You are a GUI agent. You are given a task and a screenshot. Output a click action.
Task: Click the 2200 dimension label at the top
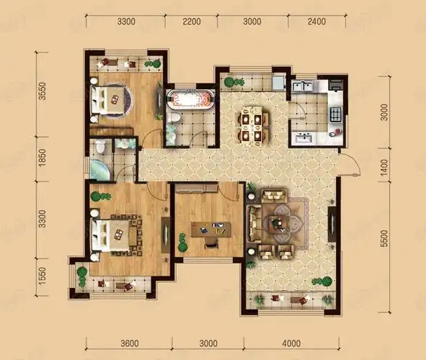pyautogui.click(x=192, y=22)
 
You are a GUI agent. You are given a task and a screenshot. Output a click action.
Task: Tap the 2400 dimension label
pyautogui.click(x=316, y=21)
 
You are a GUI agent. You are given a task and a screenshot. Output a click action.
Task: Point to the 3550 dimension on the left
pyautogui.click(x=42, y=91)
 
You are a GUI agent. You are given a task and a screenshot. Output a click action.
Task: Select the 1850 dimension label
pyautogui.click(x=42, y=158)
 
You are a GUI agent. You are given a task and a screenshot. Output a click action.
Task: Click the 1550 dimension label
pyautogui.click(x=42, y=276)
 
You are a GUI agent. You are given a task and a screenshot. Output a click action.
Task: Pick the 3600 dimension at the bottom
pyautogui.click(x=130, y=343)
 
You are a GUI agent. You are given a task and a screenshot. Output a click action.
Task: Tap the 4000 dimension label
pyautogui.click(x=291, y=343)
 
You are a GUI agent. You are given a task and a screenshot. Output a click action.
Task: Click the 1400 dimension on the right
pyautogui.click(x=384, y=168)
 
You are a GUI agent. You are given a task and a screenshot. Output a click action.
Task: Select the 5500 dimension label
pyautogui.click(x=384, y=239)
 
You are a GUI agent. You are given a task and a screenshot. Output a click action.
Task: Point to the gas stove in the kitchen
pyautogui.click(x=335, y=114)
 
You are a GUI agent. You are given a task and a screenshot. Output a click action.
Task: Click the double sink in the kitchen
pyautogui.click(x=303, y=86)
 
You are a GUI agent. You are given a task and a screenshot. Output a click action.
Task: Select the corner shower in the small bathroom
pyautogui.click(x=99, y=171)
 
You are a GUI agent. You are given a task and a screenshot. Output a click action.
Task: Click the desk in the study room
pyautogui.click(x=210, y=230)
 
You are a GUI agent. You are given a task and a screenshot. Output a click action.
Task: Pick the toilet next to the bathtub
pyautogui.click(x=173, y=118)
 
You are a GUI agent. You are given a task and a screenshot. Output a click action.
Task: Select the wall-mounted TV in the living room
pyautogui.click(x=332, y=224)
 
